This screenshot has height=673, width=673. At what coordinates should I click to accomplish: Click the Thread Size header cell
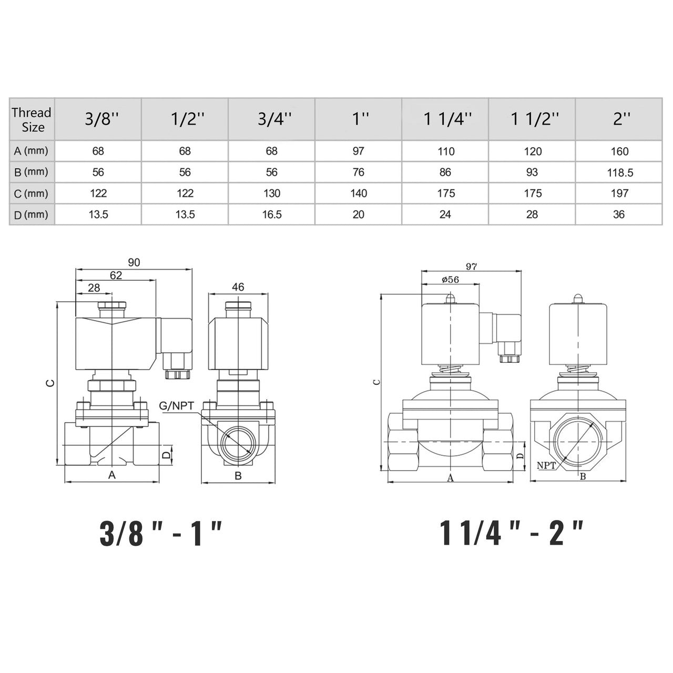click(x=32, y=119)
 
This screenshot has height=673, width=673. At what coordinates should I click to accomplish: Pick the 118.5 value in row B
click(x=620, y=172)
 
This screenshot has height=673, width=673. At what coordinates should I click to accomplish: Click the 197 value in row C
click(x=619, y=193)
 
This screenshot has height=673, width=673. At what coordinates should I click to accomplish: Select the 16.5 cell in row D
click(x=272, y=215)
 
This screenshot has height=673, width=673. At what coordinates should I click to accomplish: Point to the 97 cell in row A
click(x=359, y=151)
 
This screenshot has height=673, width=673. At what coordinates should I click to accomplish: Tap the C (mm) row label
click(x=32, y=193)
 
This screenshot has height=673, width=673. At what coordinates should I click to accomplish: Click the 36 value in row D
click(x=618, y=215)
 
